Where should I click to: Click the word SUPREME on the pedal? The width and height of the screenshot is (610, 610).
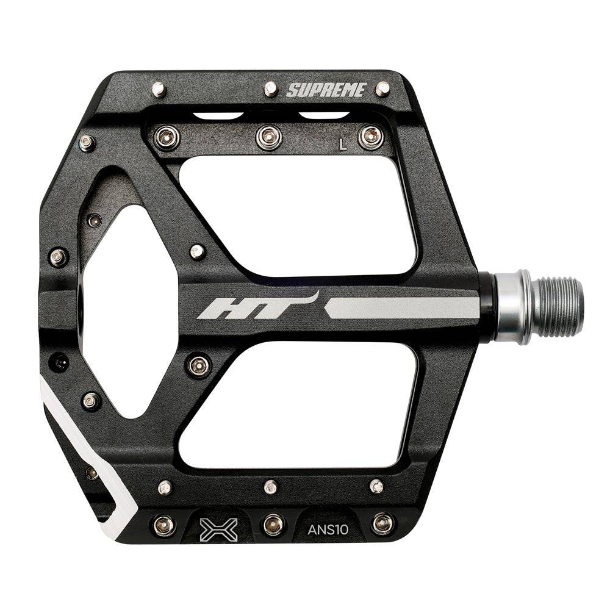coord(326,91)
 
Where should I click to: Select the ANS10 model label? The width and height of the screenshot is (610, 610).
coord(328,529)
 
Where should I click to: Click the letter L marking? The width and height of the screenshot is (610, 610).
coord(343,145)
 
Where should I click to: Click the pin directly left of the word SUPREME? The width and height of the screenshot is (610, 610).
coord(271,90)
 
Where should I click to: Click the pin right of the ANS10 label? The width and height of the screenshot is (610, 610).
coord(382,523)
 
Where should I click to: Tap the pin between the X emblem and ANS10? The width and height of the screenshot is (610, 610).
coord(272,523)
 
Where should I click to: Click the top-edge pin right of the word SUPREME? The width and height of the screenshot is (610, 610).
coord(382,89)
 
